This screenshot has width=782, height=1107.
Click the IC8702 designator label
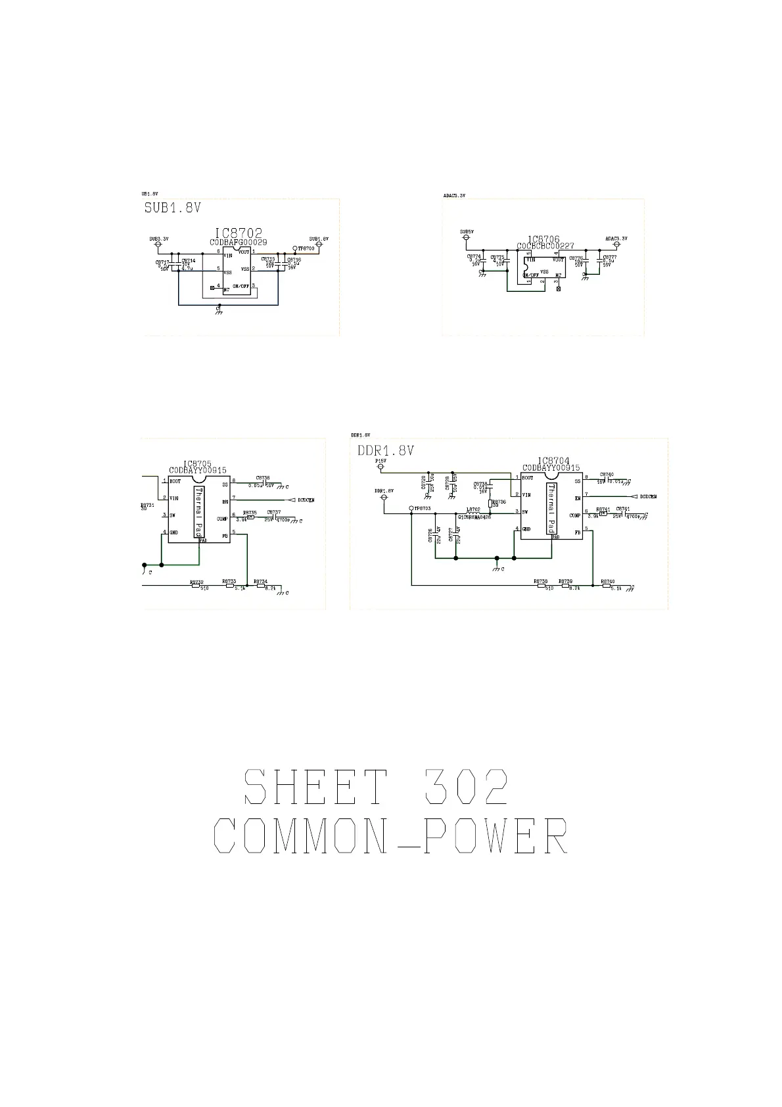tap(239, 233)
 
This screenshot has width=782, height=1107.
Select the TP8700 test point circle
tap(295, 248)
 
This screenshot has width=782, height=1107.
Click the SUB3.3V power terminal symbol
tap(158, 245)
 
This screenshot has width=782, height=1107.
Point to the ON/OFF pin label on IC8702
tap(241, 286)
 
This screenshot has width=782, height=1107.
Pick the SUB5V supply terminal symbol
tap(467, 238)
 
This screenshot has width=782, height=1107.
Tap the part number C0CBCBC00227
tap(545, 246)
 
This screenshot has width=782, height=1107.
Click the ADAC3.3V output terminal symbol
tap(616, 245)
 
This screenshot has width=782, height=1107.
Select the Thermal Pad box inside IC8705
tap(199, 512)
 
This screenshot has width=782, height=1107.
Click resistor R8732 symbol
tap(196, 586)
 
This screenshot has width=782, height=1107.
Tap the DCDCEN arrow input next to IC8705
tap(291, 500)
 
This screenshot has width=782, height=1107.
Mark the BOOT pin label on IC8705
tap(175, 481)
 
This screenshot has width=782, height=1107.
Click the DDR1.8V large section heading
tap(386, 451)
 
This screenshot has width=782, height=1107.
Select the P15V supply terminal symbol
tap(380, 468)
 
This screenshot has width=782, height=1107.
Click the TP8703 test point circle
tap(411, 508)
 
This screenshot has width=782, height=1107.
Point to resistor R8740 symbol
tap(607, 586)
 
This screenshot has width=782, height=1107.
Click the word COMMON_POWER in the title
tap(391, 837)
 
